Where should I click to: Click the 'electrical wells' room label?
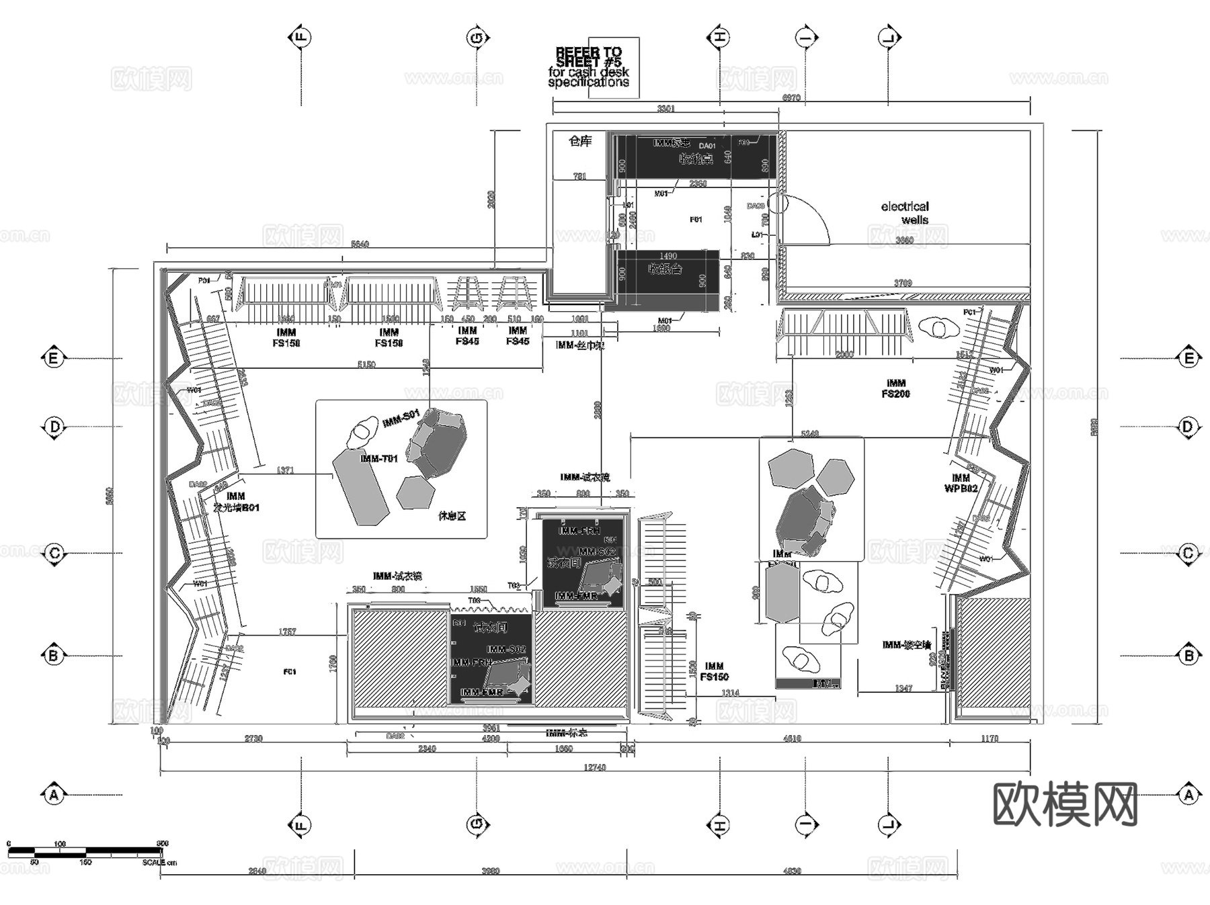tap(905, 213)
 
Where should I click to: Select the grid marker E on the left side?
tap(53, 358)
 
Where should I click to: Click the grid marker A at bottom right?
tap(1188, 795)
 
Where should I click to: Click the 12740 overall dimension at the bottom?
tap(594, 767)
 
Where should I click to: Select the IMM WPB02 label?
tap(961, 483)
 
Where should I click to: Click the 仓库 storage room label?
tap(580, 141)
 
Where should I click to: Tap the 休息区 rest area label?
tap(452, 516)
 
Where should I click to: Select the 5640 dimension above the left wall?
tap(360, 244)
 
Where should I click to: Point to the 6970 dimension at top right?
tap(791, 98)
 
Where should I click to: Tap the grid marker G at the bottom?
tap(477, 825)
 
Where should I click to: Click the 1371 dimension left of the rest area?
tap(286, 470)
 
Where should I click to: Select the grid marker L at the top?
tap(889, 37)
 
